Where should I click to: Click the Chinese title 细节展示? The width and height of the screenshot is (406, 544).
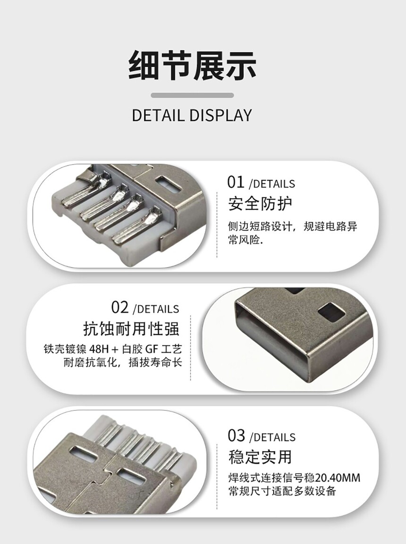[x=192, y=65]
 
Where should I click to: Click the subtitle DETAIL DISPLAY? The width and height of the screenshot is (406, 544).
[x=192, y=115]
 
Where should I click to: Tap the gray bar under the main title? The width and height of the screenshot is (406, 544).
[x=192, y=95]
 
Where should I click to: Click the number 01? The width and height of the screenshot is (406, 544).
[x=236, y=182]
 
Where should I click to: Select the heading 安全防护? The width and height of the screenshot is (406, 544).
[x=260, y=204]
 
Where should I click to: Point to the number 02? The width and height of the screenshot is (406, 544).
[x=120, y=308]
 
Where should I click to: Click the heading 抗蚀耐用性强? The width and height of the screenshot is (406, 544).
[x=132, y=328]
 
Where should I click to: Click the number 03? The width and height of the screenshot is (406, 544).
[x=237, y=435]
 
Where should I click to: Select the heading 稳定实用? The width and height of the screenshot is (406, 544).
[x=260, y=457]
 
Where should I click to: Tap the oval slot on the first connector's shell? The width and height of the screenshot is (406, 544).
[x=169, y=184]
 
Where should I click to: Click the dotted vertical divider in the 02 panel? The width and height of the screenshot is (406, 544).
[x=191, y=348]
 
